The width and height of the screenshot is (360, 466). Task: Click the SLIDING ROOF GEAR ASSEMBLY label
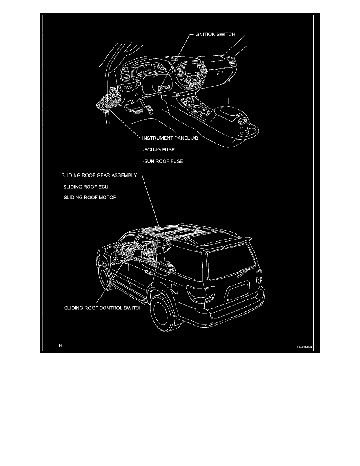tap(99, 175)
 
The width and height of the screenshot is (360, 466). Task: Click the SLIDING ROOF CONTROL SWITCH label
tap(103, 308)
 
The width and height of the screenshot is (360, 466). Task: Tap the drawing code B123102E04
tap(306, 346)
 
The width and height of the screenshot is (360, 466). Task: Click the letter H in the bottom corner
tap(60, 346)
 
